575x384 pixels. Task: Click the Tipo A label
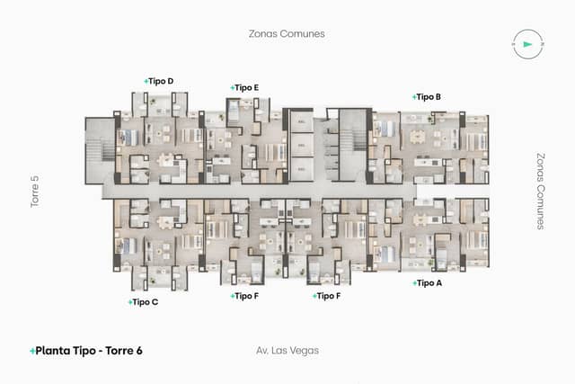[429, 282]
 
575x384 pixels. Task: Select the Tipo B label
[429, 96]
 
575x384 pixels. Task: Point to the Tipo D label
[161, 81]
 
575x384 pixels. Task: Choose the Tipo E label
[246, 87]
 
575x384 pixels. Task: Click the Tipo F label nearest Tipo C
[246, 296]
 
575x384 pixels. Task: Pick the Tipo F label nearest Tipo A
[328, 296]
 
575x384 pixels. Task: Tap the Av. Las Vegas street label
[287, 350]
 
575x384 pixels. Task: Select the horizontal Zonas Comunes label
[287, 33]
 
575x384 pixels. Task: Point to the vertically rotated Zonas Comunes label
[540, 191]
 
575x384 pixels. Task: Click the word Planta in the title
[55, 351]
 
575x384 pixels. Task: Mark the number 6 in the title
[139, 351]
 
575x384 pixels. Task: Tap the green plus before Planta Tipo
[32, 351]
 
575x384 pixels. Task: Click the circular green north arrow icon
[526, 43]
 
